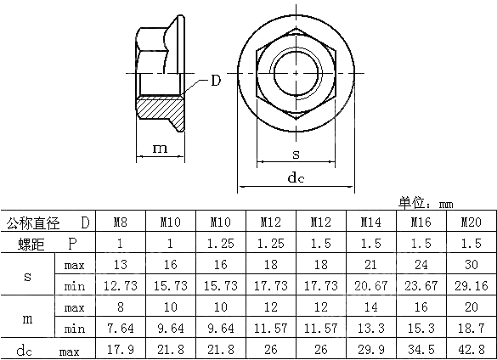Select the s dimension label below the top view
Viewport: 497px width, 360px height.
[295, 153]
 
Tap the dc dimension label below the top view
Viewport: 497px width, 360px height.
[295, 177]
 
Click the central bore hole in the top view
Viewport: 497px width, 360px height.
[295, 72]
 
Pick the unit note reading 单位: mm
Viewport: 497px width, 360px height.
[425, 203]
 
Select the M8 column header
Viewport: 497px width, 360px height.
[121, 223]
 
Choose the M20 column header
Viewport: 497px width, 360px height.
[470, 223]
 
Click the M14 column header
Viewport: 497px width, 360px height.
[370, 223]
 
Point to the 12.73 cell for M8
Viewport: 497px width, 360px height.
[121, 286]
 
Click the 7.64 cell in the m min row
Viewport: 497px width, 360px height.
[121, 328]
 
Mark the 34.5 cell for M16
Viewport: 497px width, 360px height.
[420, 349]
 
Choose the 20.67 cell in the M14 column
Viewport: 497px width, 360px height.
[370, 286]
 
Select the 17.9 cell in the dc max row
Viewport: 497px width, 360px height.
[121, 349]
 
